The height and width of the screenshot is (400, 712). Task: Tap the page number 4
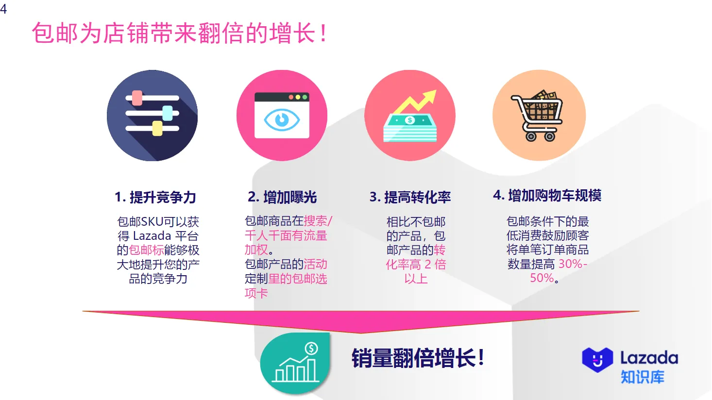3,9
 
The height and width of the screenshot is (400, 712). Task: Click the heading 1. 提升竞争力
155,197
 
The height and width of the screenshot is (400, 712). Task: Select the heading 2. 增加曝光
282,197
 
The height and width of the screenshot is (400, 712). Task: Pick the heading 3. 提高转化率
410,197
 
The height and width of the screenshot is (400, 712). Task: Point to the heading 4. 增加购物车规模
547,195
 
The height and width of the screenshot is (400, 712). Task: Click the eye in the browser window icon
282,119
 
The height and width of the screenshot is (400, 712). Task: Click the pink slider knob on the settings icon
137,98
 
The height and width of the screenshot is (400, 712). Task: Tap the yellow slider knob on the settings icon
157,129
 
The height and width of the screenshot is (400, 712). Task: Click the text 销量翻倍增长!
418,358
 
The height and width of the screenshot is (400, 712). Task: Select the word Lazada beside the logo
649,358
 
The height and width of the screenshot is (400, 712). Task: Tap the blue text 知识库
642,377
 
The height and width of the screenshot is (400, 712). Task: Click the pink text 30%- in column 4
573,264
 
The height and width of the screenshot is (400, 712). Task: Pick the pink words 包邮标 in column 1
146,250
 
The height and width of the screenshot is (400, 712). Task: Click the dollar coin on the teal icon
311,348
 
